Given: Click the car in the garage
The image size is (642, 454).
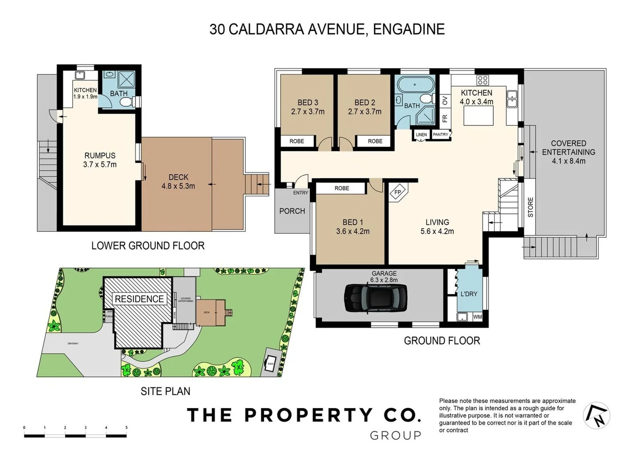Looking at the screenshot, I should (x=376, y=298).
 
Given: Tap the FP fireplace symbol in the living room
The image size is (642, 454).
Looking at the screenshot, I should (x=397, y=192).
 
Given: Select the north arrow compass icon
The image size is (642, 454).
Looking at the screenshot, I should (x=596, y=415).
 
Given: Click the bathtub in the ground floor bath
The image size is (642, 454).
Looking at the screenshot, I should (x=415, y=85).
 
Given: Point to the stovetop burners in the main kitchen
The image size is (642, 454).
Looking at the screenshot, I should (x=482, y=80).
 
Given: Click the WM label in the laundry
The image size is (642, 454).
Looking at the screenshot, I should (x=478, y=317).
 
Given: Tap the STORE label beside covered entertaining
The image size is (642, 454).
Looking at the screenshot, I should (x=530, y=207).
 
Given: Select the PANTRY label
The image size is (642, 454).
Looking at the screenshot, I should (x=440, y=135).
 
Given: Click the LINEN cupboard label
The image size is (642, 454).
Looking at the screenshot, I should (x=421, y=135).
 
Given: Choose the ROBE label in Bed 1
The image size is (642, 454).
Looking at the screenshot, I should (x=342, y=188).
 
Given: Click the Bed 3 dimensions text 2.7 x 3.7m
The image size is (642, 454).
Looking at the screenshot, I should (x=308, y=112).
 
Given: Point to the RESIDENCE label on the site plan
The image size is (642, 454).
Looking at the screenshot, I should (x=139, y=299).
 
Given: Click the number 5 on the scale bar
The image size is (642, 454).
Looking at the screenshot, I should (x=126, y=428).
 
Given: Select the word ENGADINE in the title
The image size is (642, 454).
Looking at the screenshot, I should (x=408, y=29).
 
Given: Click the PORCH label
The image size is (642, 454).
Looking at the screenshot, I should (x=292, y=211).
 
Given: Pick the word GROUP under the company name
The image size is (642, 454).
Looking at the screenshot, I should (x=395, y=436).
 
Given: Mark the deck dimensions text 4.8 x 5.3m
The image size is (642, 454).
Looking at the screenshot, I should (x=178, y=186).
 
